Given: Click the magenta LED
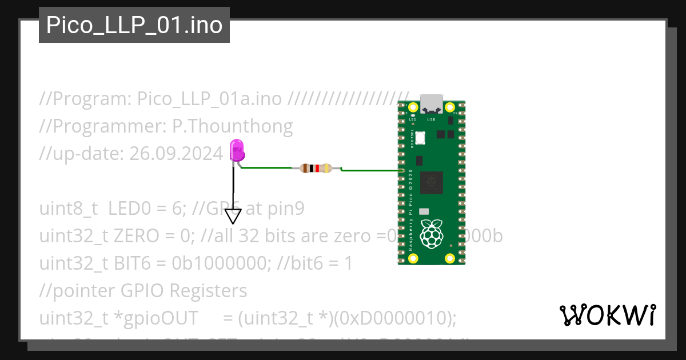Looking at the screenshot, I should [237, 151].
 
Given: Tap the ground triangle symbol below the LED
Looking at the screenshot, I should [233, 216].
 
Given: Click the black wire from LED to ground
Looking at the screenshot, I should [233, 186].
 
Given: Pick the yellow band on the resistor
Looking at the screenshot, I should [327, 169].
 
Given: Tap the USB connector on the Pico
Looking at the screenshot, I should [432, 103].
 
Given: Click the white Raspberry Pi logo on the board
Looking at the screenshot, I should [432, 234].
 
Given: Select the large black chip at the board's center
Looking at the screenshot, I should [432, 183].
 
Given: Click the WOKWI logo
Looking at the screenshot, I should [608, 315].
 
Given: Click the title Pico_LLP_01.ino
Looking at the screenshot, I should [134, 25].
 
